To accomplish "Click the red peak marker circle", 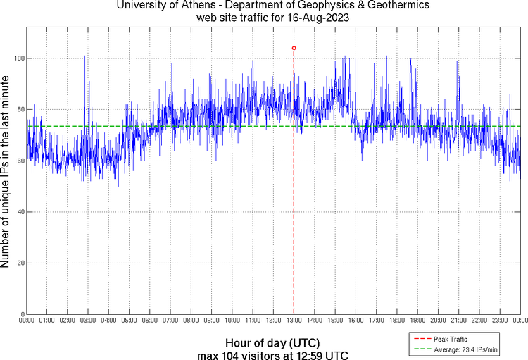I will (294, 48).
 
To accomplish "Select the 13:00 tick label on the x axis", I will (293, 321).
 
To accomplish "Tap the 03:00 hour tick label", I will (88, 321).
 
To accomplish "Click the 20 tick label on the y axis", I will (19, 263).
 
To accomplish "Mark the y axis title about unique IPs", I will (6, 173).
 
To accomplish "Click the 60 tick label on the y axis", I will (19, 161).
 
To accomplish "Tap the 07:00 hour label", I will (170, 321).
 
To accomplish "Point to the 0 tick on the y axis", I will (21, 314).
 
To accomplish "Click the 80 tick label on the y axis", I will (19, 109).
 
